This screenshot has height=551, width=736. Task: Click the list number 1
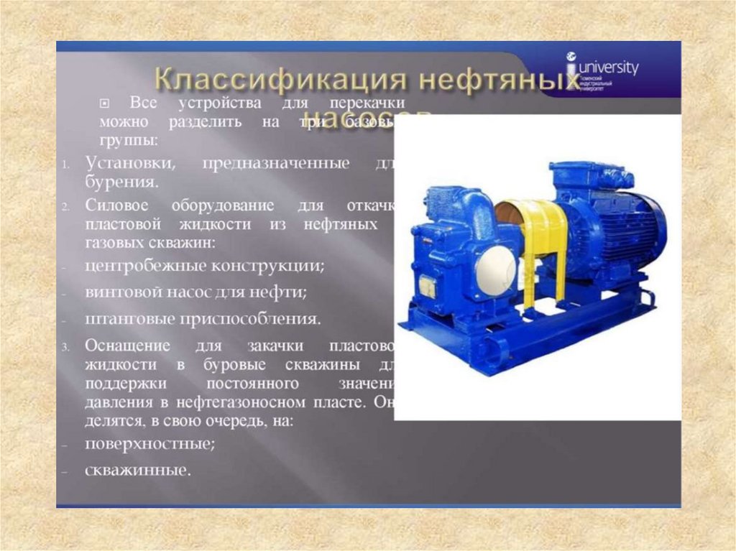[x=65, y=165]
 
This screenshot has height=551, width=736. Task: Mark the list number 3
[x=65, y=346]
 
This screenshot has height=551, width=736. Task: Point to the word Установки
[x=129, y=163]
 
